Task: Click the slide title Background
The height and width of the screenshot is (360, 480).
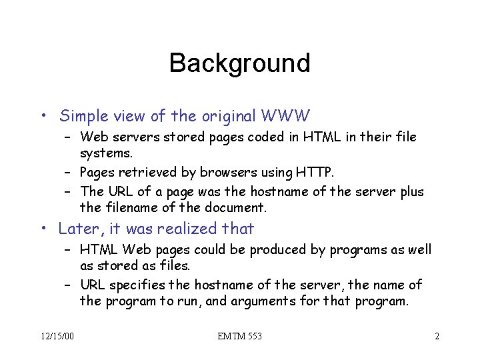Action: pyautogui.click(x=239, y=63)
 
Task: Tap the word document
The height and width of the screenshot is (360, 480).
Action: pyautogui.click(x=234, y=207)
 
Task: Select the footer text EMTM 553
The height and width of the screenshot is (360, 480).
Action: pyautogui.click(x=239, y=336)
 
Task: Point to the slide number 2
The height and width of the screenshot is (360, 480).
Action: pyautogui.click(x=437, y=336)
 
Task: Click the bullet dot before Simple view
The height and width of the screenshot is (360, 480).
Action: pyautogui.click(x=43, y=117)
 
